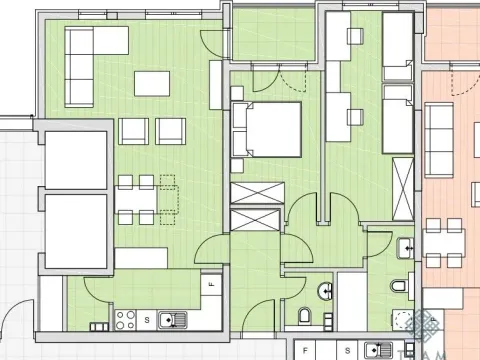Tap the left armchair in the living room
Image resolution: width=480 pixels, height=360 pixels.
134,130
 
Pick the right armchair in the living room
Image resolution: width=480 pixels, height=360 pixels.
170,130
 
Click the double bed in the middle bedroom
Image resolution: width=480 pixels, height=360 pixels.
268,128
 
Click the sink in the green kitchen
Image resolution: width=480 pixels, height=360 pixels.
171,320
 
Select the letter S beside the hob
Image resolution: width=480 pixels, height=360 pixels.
147,320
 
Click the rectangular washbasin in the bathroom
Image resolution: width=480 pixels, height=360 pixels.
405,246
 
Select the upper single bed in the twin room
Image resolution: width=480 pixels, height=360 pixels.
399,42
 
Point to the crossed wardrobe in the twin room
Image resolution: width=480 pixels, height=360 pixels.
402,186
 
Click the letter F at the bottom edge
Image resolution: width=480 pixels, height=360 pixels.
304,351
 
